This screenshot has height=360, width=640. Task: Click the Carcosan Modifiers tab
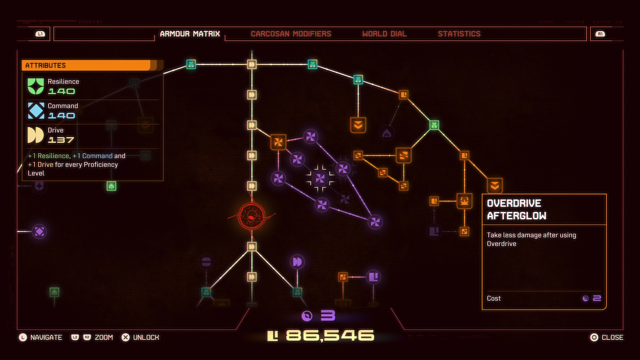coord(291,34)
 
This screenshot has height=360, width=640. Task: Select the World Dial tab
coord(384,34)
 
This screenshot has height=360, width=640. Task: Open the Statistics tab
coord(459,34)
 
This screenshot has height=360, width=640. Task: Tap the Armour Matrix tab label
coord(190,34)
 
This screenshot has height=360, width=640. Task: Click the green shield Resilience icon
coord(36,86)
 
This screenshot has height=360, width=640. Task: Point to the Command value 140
coord(62,116)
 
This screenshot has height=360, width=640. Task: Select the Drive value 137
coord(61,140)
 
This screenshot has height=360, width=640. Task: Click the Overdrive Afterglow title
coord(516,209)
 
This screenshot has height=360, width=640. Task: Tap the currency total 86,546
coord(330,336)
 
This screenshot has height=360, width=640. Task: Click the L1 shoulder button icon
coord(40,34)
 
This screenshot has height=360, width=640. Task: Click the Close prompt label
coord(612,338)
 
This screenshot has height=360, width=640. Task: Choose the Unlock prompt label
coord(146,338)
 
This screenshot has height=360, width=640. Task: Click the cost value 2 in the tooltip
coord(597,298)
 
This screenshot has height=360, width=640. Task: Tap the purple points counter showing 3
coord(328,315)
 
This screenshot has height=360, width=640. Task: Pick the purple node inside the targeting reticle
coord(320,178)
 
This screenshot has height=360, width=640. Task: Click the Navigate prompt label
coord(46,338)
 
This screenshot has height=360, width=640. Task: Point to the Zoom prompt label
coord(104,338)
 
